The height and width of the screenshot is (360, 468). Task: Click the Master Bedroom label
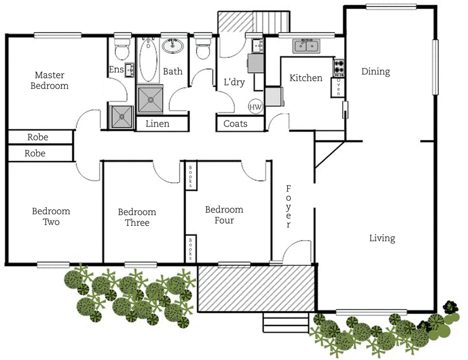(51, 80)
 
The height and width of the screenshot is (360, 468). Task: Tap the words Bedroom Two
(51, 217)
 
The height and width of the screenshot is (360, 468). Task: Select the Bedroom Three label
(137, 217)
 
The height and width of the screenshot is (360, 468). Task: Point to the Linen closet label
(157, 124)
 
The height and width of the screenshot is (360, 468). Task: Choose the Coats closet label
(236, 124)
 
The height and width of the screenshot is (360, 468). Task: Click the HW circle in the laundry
(255, 107)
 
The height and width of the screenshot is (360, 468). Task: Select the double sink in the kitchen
(306, 46)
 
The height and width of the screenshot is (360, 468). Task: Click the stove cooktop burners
(338, 68)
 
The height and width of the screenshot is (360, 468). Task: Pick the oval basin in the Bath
(173, 46)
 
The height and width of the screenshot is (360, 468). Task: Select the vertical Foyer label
(288, 207)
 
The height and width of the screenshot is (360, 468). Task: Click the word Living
(382, 238)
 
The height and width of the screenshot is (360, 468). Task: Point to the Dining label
(375, 71)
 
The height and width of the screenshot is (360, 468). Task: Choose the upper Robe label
(38, 138)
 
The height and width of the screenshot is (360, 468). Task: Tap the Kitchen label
(306, 78)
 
